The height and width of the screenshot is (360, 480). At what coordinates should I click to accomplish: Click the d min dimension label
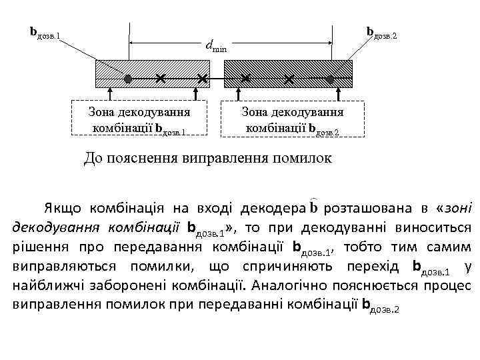pos(216,46)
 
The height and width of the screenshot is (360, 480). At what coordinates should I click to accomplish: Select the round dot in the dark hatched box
pos(329,79)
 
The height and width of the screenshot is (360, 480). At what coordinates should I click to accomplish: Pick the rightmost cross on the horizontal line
pos(288,79)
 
